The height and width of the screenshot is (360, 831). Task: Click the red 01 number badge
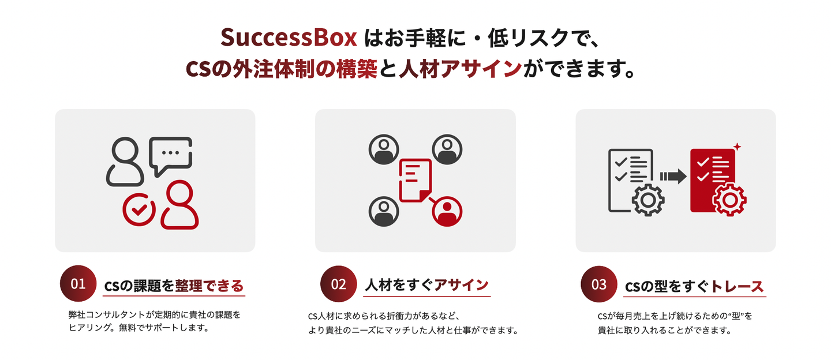coord(78,284)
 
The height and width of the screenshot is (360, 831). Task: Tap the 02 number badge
coord(339,284)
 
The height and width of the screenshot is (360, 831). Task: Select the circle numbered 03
coord(600,284)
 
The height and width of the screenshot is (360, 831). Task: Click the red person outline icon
coord(179,205)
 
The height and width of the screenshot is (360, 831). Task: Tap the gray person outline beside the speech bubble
coord(124,162)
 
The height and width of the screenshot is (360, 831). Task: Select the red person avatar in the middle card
coord(446,212)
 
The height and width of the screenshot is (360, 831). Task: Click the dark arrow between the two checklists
coord(672,176)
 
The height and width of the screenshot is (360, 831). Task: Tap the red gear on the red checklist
coord(729,199)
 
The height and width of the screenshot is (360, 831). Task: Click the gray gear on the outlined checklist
coord(648,200)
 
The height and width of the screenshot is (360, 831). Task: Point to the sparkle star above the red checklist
coord(736,147)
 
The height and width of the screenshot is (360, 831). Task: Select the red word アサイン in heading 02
coord(461,284)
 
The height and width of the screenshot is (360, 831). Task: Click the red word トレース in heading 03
coord(737,286)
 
